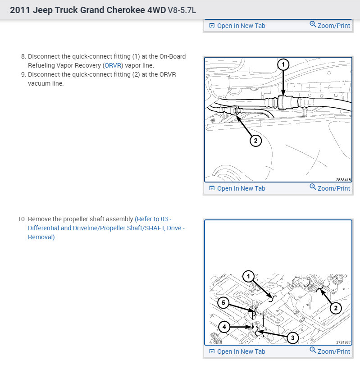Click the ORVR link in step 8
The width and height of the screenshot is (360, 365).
click(113, 65)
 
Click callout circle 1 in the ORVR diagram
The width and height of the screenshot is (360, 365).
click(283, 64)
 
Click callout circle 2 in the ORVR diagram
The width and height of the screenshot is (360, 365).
click(256, 141)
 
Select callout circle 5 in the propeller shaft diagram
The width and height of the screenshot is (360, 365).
click(223, 303)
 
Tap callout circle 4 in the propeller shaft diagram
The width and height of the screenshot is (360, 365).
click(224, 327)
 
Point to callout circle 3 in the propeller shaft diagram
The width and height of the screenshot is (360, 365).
click(293, 338)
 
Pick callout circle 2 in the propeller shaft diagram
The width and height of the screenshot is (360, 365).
click(336, 308)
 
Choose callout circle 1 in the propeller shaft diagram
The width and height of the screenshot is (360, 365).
click(248, 276)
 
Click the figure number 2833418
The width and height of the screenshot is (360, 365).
click(343, 180)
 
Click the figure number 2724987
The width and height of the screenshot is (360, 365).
click(343, 342)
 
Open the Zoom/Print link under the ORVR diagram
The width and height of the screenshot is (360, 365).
click(330, 188)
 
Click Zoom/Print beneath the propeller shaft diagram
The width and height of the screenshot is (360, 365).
click(330, 351)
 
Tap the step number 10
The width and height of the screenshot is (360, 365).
click(22, 219)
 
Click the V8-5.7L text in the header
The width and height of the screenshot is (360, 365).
click(182, 10)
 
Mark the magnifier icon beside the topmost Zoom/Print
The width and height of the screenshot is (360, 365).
click(313, 24)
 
